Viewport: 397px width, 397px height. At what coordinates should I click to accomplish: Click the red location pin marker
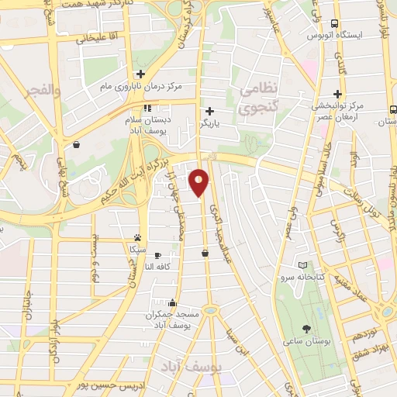click(x=199, y=182)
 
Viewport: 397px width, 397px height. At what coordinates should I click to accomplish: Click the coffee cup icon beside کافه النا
click(x=157, y=255)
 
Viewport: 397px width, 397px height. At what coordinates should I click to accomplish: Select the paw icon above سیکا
click(x=137, y=238)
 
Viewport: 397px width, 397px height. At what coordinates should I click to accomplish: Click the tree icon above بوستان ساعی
click(x=307, y=329)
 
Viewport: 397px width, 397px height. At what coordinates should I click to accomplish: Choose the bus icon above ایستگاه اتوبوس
click(x=334, y=23)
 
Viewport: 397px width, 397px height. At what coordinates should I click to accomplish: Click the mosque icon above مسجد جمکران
click(x=171, y=303)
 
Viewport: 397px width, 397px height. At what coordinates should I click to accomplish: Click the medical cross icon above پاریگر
click(x=209, y=111)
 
